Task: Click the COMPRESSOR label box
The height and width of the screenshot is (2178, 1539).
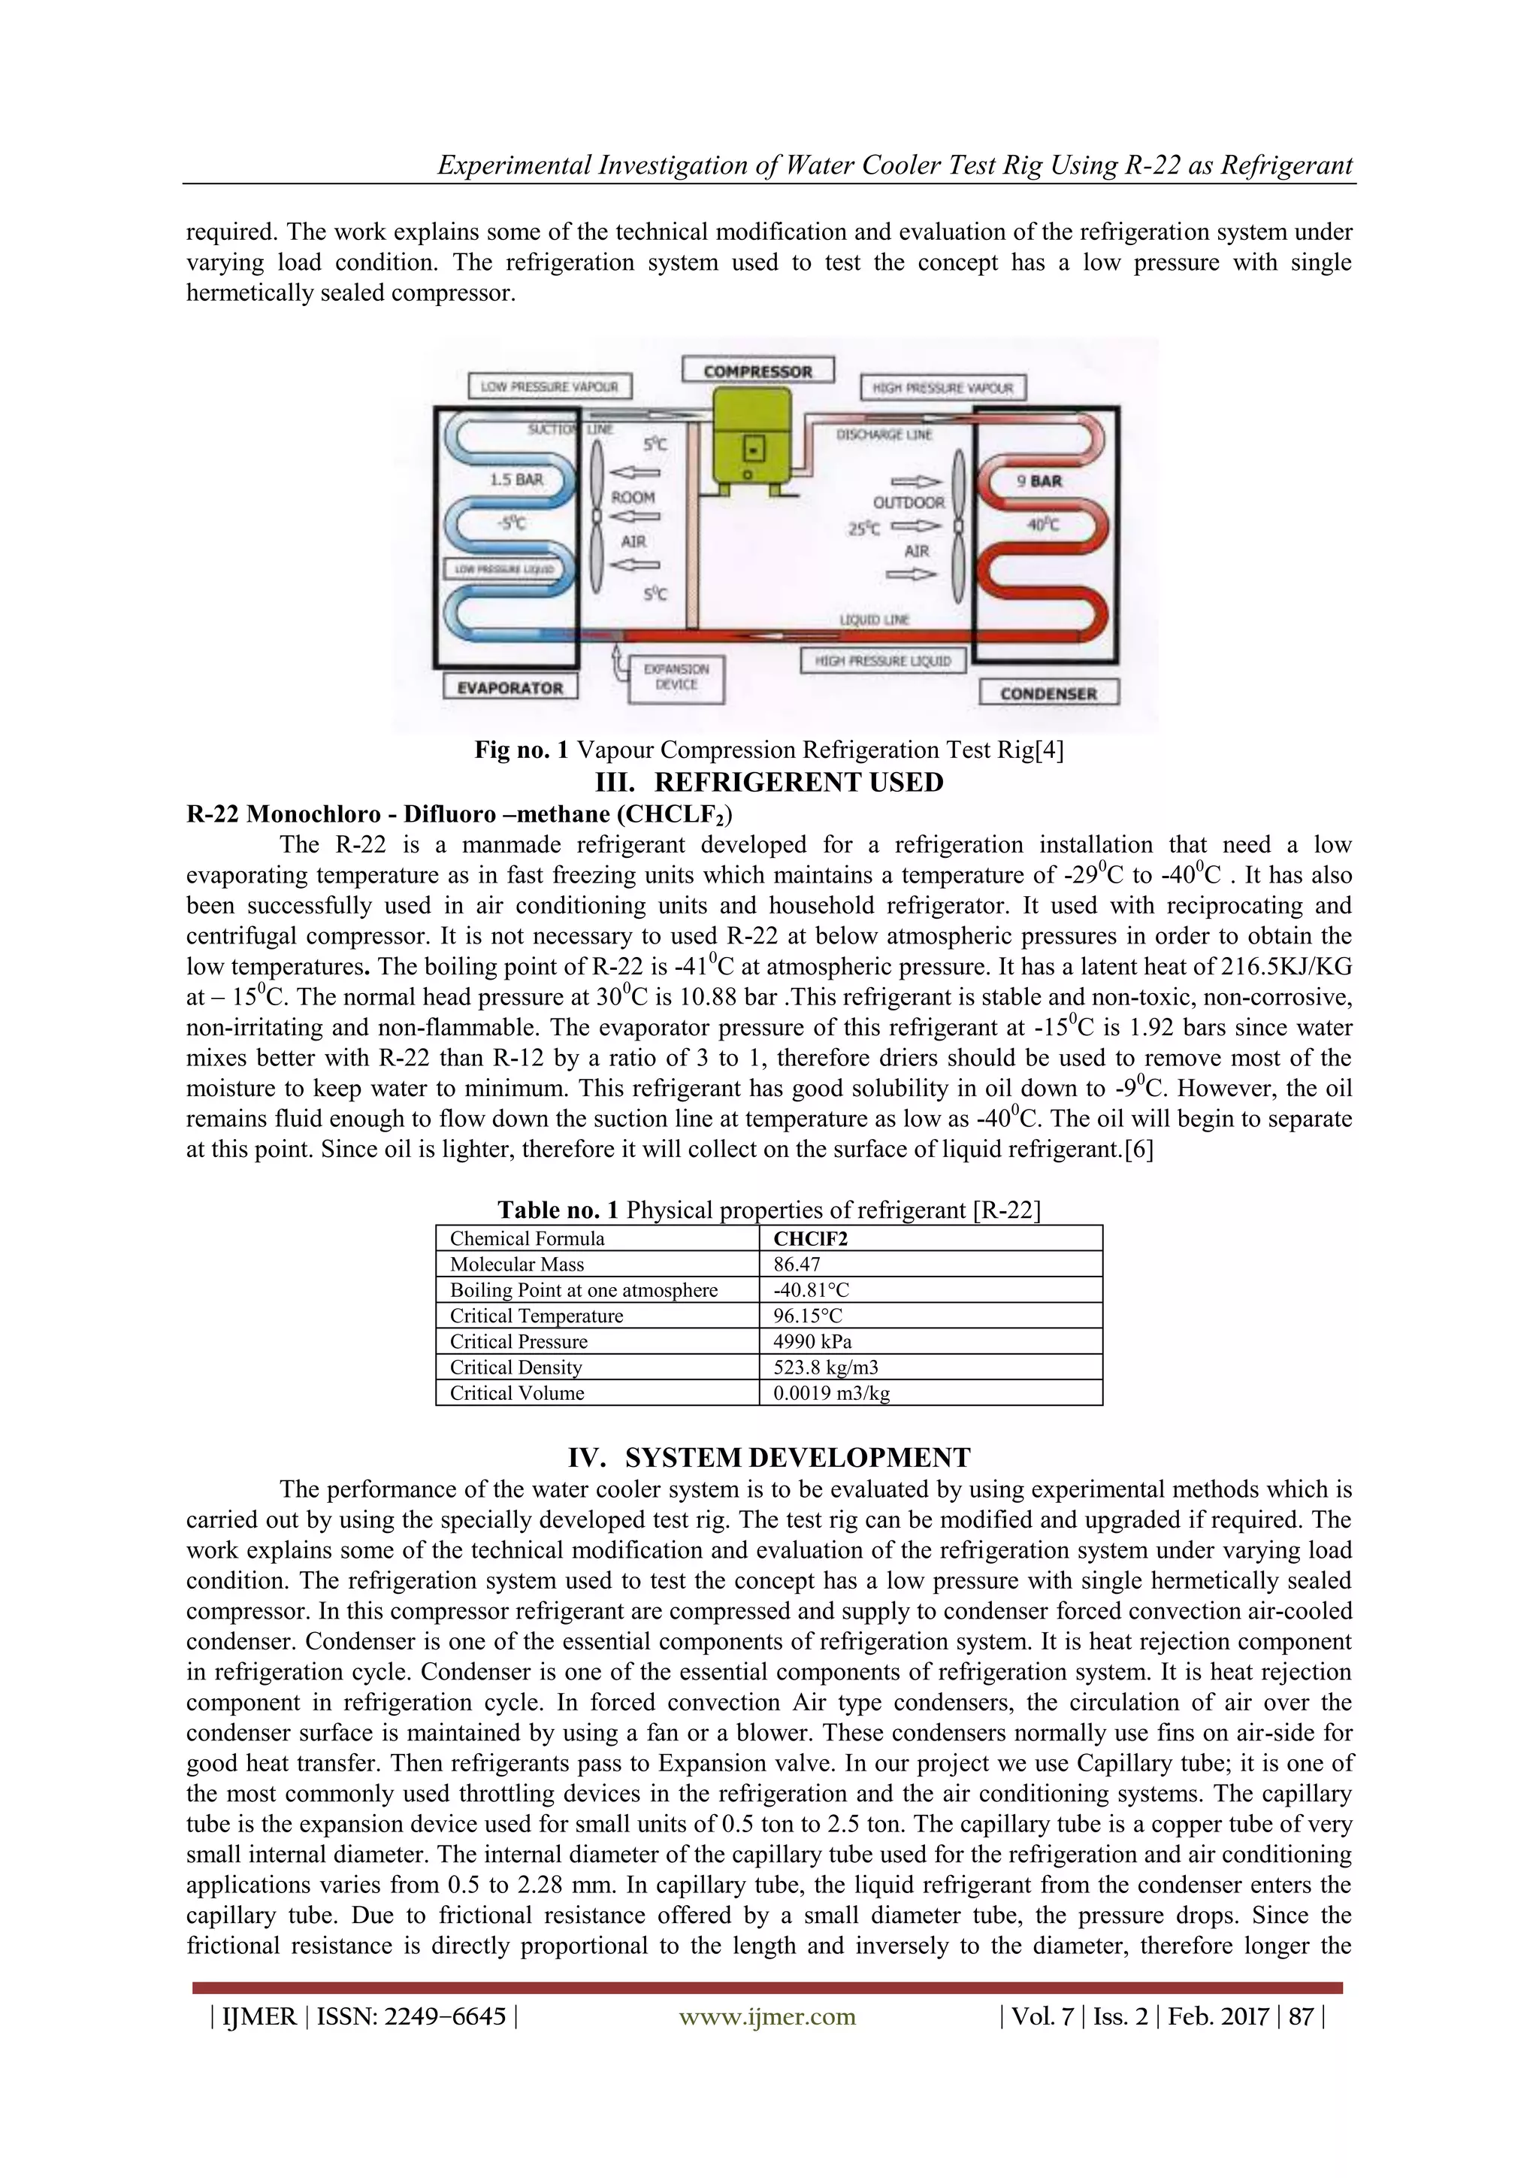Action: [x=757, y=371]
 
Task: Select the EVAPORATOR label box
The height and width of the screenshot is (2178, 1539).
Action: [x=510, y=687]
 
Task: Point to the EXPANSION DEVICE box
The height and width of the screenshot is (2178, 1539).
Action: [x=676, y=677]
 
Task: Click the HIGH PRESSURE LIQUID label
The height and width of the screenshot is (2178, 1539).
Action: [x=883, y=660]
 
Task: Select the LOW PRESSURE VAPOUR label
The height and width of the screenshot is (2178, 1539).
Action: [x=549, y=386]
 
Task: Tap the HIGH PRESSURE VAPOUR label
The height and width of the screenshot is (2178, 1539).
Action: [x=942, y=387]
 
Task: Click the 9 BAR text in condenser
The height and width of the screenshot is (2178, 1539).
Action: [x=1039, y=481]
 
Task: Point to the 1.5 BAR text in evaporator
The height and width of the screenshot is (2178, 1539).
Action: [x=517, y=479]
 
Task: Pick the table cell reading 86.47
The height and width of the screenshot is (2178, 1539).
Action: [x=797, y=1264]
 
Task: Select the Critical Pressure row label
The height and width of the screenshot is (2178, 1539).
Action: [x=519, y=1341]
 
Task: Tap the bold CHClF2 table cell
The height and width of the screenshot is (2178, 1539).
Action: [x=811, y=1238]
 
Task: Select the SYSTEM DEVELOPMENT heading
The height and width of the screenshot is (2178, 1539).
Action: [x=769, y=1457]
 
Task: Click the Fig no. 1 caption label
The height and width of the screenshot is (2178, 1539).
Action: [x=521, y=750]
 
